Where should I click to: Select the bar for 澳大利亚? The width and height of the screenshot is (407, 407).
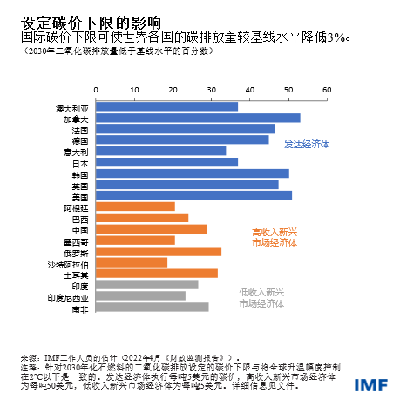click(x=165, y=106)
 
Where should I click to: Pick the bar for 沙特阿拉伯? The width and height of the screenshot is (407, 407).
click(x=130, y=262)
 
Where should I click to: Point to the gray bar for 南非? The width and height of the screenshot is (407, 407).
click(x=150, y=307)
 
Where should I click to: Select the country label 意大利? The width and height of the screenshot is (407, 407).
click(x=77, y=151)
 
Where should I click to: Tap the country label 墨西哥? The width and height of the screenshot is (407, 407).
click(x=77, y=241)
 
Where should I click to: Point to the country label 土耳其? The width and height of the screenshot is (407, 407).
click(x=77, y=274)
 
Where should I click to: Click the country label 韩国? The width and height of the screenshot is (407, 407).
click(x=80, y=173)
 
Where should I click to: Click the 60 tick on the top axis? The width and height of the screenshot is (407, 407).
click(x=327, y=90)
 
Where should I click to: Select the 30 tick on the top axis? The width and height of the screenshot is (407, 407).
click(x=209, y=90)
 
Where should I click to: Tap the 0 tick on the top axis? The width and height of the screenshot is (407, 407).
click(x=92, y=90)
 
